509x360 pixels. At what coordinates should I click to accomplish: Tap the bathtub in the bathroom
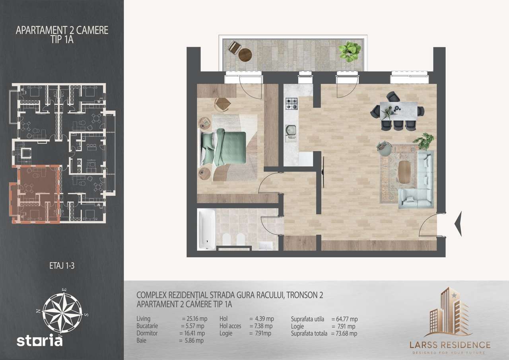click(207, 230)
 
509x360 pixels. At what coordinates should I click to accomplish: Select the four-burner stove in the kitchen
click(291, 103)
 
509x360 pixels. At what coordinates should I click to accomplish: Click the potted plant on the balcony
click(350, 52)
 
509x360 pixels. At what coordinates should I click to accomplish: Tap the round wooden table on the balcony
click(245, 54)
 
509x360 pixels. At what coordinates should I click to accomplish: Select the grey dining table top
click(398, 110)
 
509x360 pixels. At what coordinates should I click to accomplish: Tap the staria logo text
click(39, 341)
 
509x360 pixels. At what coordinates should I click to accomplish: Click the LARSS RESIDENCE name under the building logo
click(450, 344)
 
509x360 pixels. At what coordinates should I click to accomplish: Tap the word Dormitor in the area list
click(147, 333)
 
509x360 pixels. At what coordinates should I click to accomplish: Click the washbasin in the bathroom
click(264, 245)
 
